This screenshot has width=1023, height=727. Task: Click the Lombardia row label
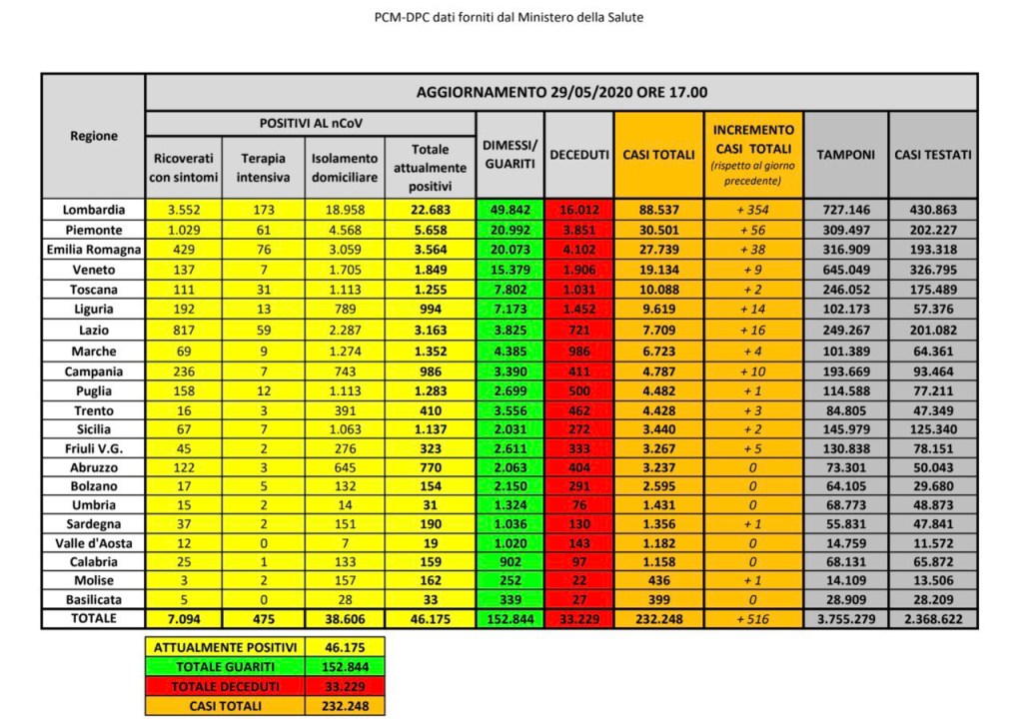94,210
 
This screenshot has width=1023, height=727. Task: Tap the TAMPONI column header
845,155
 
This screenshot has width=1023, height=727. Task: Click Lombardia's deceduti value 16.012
579,210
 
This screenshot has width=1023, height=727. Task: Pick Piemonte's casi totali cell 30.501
657,230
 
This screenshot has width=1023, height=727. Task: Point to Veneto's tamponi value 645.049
845,270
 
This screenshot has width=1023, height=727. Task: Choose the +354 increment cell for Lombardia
753,210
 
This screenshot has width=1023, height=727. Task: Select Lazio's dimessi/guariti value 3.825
511,331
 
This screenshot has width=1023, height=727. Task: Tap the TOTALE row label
94,619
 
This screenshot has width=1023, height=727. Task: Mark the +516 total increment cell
753,620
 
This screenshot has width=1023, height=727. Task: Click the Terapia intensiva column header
263,168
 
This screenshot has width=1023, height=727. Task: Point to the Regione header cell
94,136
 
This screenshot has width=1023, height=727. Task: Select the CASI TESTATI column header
932,155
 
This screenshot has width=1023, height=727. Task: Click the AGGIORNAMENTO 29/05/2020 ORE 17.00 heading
560,92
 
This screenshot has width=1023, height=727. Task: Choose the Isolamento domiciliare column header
345,168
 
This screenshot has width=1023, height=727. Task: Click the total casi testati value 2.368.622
932,620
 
